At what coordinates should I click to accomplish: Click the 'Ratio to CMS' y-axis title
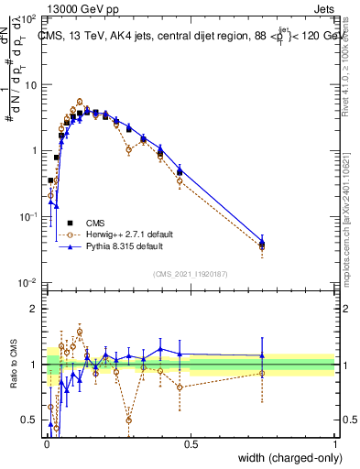(12, 363)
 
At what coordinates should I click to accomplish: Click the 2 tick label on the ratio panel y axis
(34, 309)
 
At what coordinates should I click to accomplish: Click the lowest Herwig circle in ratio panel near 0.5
(128, 420)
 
